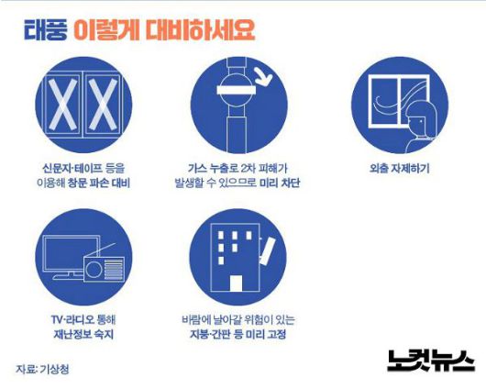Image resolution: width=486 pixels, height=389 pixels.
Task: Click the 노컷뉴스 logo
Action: point(430,361)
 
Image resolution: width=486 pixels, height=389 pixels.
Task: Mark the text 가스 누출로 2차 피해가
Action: point(237,169)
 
